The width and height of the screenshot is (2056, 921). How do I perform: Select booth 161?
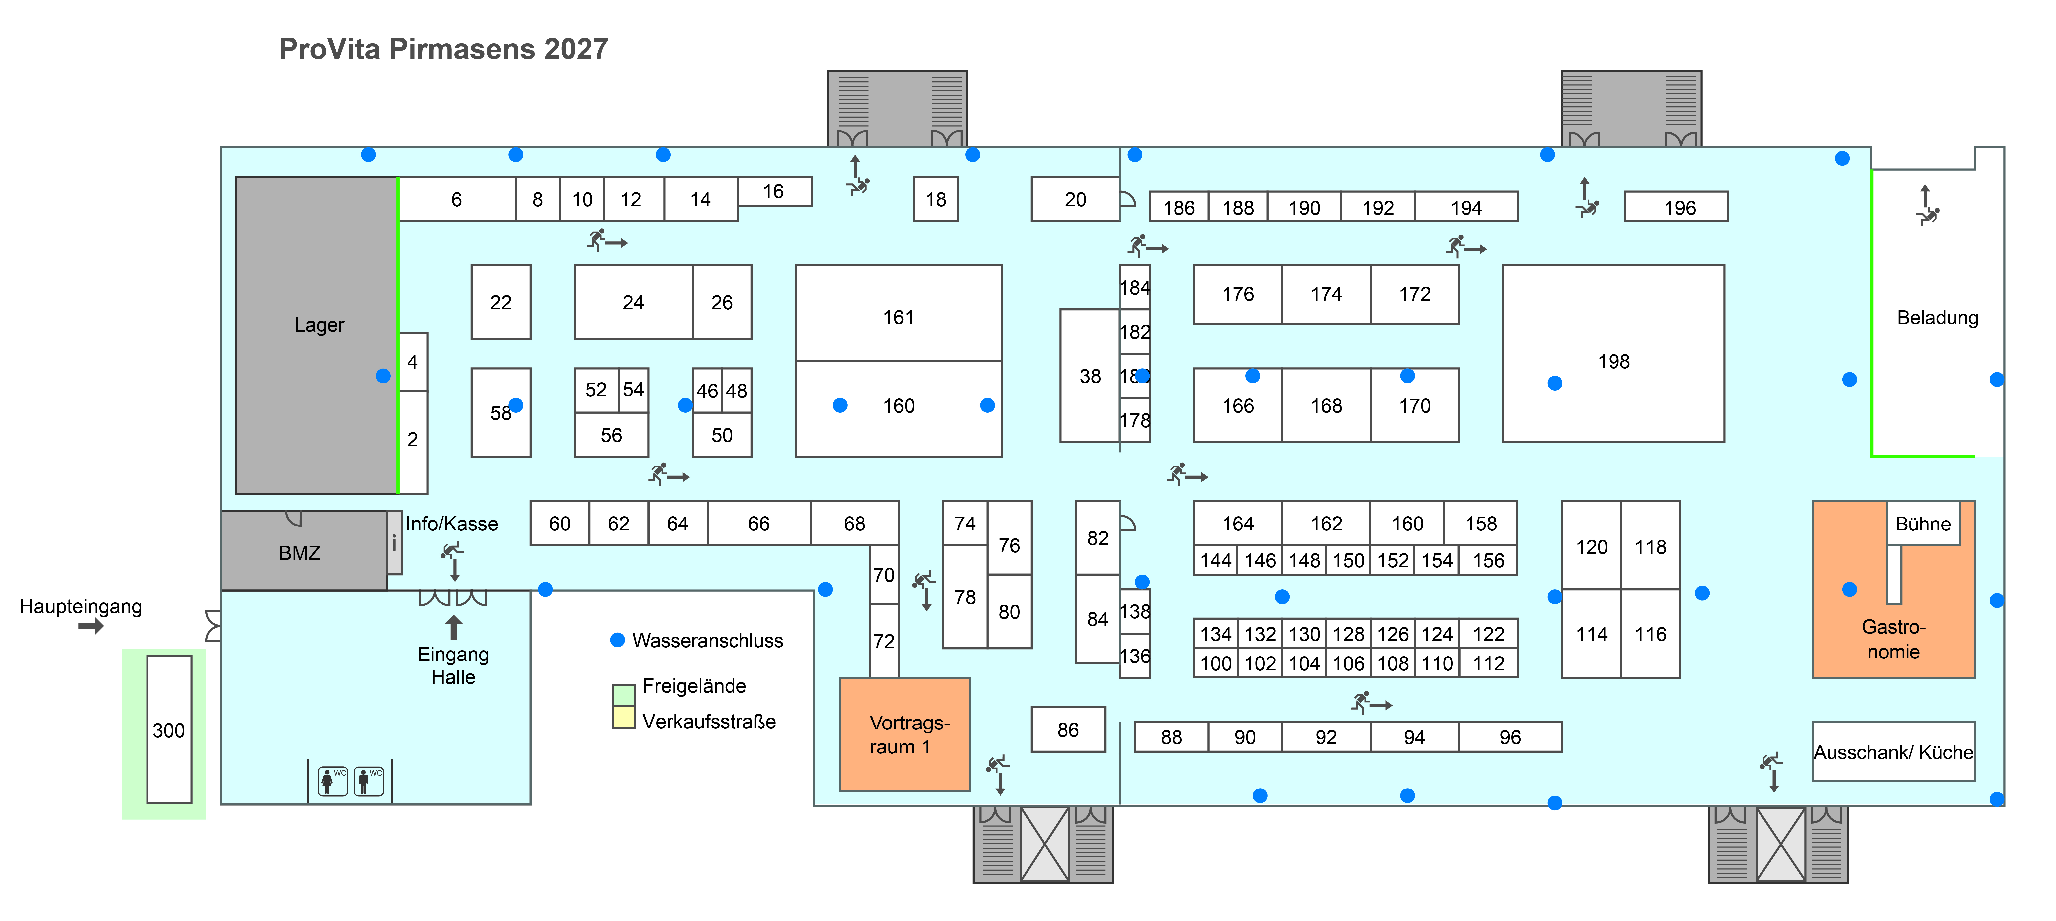click(899, 313)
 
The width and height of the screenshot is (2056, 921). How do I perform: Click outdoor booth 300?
click(169, 729)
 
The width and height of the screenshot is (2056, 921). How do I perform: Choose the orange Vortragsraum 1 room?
click(905, 734)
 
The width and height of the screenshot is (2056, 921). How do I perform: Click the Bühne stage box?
click(1923, 524)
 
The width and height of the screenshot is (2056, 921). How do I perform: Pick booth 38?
click(1090, 376)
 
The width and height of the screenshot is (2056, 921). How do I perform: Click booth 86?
click(1068, 729)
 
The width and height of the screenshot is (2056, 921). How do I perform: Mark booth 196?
click(1676, 207)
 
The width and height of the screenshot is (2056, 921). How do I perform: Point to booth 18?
click(935, 199)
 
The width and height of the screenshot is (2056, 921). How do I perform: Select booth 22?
click(500, 302)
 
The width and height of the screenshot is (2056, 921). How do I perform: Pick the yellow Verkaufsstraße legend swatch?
click(623, 717)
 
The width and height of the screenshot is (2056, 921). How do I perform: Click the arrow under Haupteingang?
click(91, 627)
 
